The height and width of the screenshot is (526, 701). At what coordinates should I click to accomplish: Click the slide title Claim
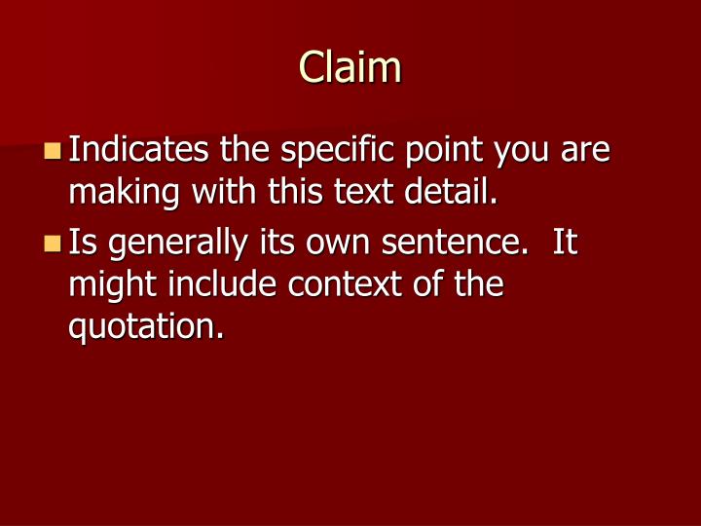pos(350,67)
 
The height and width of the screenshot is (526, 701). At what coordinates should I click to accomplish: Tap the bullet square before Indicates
pos(54,151)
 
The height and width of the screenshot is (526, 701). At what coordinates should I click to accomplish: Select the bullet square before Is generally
pos(54,242)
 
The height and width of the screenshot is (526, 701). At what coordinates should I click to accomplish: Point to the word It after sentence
pos(566,242)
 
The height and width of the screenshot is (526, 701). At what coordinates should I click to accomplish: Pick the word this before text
pos(296,193)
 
